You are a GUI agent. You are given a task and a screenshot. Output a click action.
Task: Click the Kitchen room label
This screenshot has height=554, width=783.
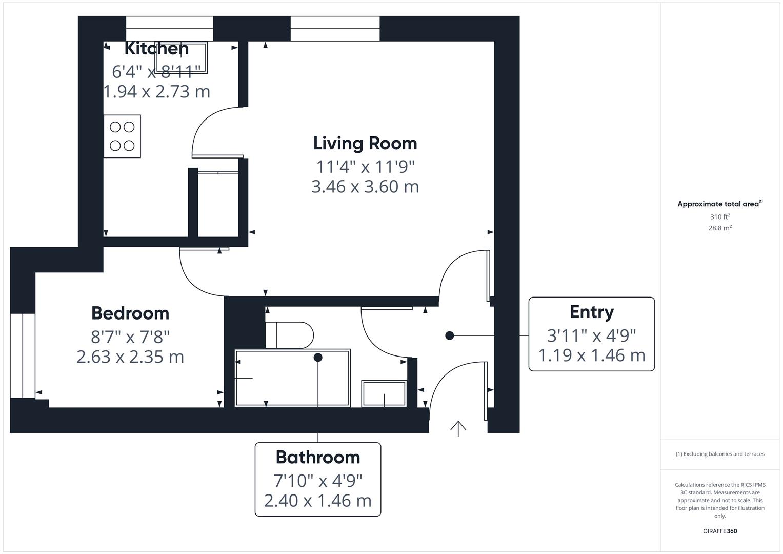point(156,49)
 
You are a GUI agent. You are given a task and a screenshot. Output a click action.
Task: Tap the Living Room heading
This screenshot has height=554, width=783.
point(365,143)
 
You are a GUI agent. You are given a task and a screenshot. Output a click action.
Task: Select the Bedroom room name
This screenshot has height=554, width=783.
point(130,313)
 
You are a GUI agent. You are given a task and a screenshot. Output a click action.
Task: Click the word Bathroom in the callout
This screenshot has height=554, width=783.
point(317,457)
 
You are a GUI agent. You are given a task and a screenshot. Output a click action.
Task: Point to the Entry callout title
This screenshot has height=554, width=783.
point(591,312)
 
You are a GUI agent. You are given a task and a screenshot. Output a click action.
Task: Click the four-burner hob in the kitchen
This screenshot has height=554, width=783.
point(122,136)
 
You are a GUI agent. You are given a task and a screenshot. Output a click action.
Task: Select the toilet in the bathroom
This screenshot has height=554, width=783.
point(290,335)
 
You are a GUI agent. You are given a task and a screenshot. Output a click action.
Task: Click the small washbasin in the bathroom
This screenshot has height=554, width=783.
point(384,393)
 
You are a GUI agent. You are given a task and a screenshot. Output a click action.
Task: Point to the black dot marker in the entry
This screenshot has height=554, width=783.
point(450,335)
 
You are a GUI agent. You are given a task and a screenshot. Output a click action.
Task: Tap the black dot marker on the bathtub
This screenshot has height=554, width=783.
point(318,357)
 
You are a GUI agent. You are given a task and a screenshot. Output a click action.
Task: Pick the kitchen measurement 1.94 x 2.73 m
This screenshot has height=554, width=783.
point(157,92)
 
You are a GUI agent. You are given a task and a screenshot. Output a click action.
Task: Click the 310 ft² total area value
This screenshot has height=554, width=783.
point(719,217)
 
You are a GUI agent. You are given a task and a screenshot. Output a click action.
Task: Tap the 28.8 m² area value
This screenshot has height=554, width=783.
point(719,228)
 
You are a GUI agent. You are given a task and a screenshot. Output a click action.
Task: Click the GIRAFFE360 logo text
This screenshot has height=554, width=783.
point(719,531)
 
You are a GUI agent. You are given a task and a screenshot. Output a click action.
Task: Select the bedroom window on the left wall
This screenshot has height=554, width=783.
point(23,355)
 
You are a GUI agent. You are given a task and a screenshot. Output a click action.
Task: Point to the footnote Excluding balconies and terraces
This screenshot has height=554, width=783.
point(719,454)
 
